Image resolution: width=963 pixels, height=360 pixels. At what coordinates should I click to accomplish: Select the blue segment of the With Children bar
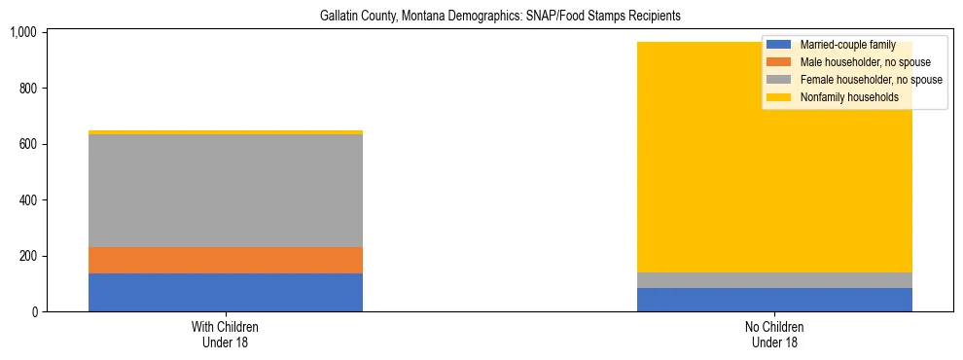point(226,292)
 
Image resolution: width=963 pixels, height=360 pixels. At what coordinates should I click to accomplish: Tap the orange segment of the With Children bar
point(226,260)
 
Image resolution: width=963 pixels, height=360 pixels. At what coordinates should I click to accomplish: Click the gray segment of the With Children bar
point(226,191)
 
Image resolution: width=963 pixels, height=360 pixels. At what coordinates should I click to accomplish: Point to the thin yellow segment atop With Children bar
point(226,132)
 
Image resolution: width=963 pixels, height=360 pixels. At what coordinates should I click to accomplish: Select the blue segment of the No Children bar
point(774,300)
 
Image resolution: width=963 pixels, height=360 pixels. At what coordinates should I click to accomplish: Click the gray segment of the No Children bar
point(774,280)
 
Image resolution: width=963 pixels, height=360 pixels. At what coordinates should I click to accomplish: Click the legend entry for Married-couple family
point(846,45)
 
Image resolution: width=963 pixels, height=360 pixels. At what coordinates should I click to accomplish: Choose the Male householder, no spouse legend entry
point(851,62)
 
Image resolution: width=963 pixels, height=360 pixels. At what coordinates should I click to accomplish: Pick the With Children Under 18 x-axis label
point(226,334)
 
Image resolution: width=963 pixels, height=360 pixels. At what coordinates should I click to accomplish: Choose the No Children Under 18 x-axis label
point(774,334)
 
